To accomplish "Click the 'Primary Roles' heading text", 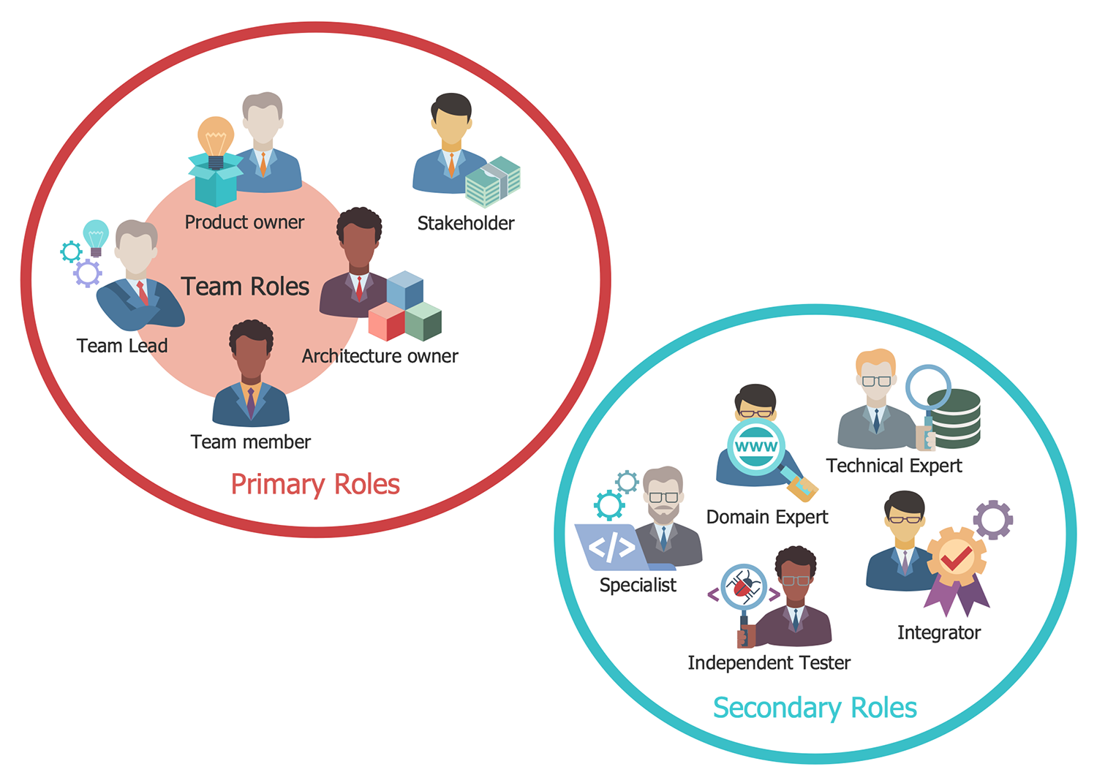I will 315,485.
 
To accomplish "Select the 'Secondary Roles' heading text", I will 815,708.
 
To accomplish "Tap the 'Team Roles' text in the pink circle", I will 245,287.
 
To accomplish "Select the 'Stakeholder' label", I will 466,223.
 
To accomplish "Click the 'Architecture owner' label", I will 380,356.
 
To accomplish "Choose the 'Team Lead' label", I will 122,346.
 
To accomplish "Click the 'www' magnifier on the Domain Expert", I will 756,447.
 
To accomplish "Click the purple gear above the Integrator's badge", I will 993,520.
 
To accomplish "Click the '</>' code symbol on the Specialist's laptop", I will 611,547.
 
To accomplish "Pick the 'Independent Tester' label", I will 769,663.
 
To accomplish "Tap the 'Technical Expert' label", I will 894,466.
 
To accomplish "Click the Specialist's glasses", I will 663,497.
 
